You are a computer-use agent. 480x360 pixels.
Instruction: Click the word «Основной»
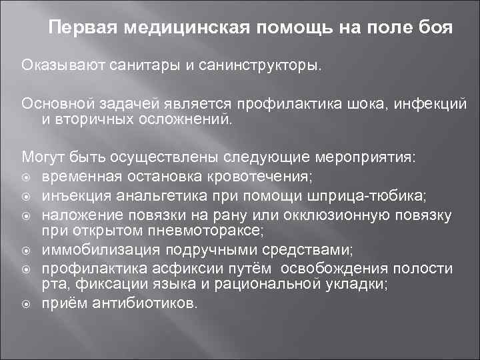point(57,103)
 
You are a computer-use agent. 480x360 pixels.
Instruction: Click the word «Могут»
point(41,157)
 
